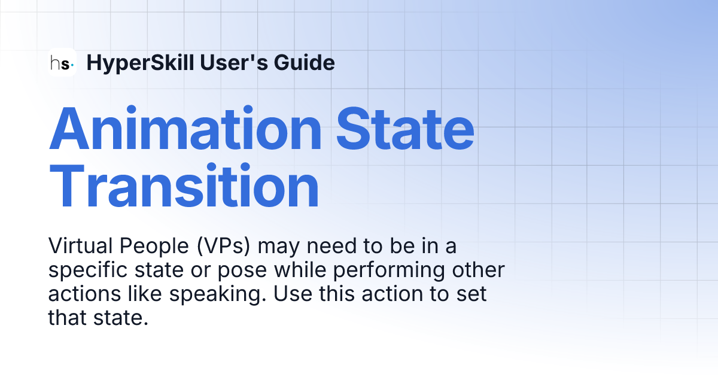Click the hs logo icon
pos(62,62)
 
